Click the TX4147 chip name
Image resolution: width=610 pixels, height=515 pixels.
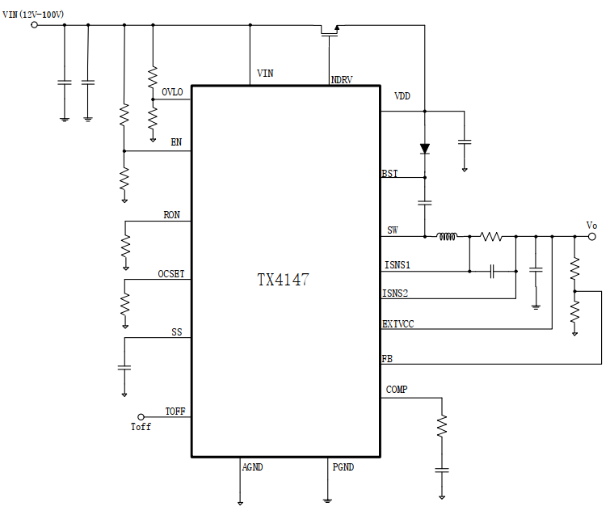pyautogui.click(x=283, y=280)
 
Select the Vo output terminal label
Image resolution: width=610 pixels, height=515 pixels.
pyautogui.click(x=591, y=226)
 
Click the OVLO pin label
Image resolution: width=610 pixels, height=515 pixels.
pyautogui.click(x=172, y=92)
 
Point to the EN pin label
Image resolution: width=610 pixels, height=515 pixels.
pyautogui.click(x=176, y=142)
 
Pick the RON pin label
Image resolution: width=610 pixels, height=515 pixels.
pyautogui.click(x=171, y=215)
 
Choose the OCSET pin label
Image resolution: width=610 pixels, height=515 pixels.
pyautogui.click(x=171, y=274)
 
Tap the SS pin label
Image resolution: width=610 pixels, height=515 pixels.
pyautogui.click(x=176, y=332)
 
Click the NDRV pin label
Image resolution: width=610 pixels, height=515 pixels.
pyautogui.click(x=342, y=80)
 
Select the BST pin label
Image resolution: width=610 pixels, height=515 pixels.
pyautogui.click(x=389, y=174)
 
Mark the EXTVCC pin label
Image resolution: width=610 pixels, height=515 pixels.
pyautogui.click(x=398, y=324)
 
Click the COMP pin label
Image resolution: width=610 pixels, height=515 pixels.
pyautogui.click(x=397, y=390)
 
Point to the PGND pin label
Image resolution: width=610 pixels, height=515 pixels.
pyautogui.click(x=343, y=467)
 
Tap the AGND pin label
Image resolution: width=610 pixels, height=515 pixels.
pyautogui.click(x=253, y=467)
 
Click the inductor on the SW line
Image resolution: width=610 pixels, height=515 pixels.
pyautogui.click(x=447, y=237)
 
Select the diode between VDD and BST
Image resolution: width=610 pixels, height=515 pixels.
pyautogui.click(x=424, y=149)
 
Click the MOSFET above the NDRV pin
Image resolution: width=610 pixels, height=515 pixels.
pyautogui.click(x=329, y=31)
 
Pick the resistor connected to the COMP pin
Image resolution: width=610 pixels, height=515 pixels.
pyautogui.click(x=441, y=426)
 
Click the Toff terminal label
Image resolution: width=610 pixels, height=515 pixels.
pyautogui.click(x=141, y=427)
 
